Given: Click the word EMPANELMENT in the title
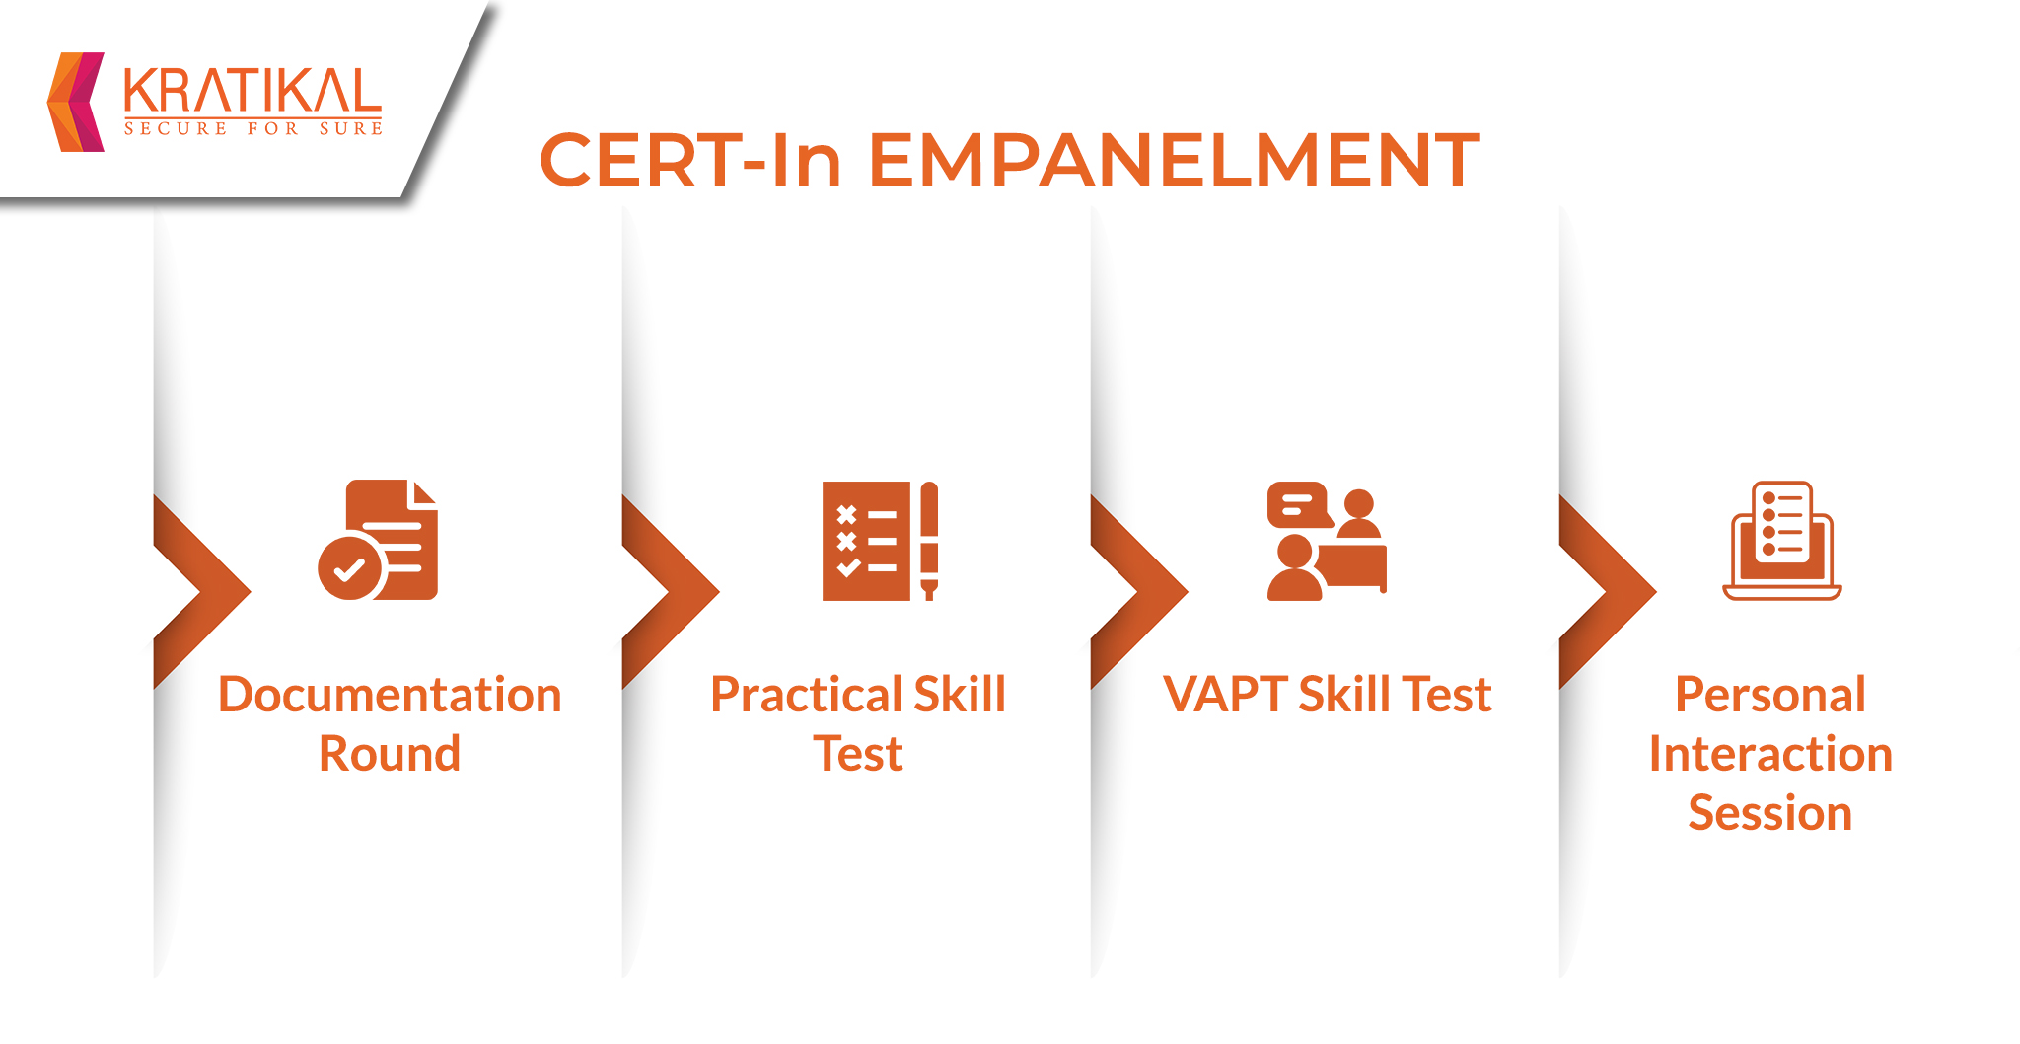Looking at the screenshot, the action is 1174,160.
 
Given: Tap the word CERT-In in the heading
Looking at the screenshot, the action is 690,160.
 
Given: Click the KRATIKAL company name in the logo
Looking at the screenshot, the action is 252,91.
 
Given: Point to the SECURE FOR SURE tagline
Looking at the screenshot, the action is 253,128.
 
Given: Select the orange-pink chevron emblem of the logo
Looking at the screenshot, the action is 76,102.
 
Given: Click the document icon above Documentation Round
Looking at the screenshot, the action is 379,540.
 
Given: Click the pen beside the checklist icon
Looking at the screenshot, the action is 929,541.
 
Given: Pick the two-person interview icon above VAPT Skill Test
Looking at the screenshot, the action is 1327,541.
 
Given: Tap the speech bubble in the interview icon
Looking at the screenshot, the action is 1299,505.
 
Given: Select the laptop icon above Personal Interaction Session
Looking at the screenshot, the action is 1782,541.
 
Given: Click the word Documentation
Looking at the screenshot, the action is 390,695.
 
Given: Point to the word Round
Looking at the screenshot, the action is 390,754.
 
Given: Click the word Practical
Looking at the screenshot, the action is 805,695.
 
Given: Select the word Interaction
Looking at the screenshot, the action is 1770,754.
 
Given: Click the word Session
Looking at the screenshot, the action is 1770,813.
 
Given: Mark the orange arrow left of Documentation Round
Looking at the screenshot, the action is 202,592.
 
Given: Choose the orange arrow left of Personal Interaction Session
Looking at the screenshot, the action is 1608,592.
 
